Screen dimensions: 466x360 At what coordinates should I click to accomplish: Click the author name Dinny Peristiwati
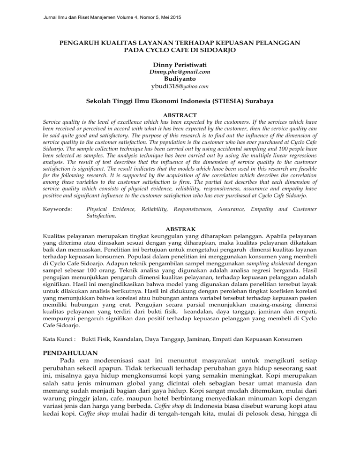(180, 64)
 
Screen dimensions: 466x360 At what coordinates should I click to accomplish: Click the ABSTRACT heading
(180, 114)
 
